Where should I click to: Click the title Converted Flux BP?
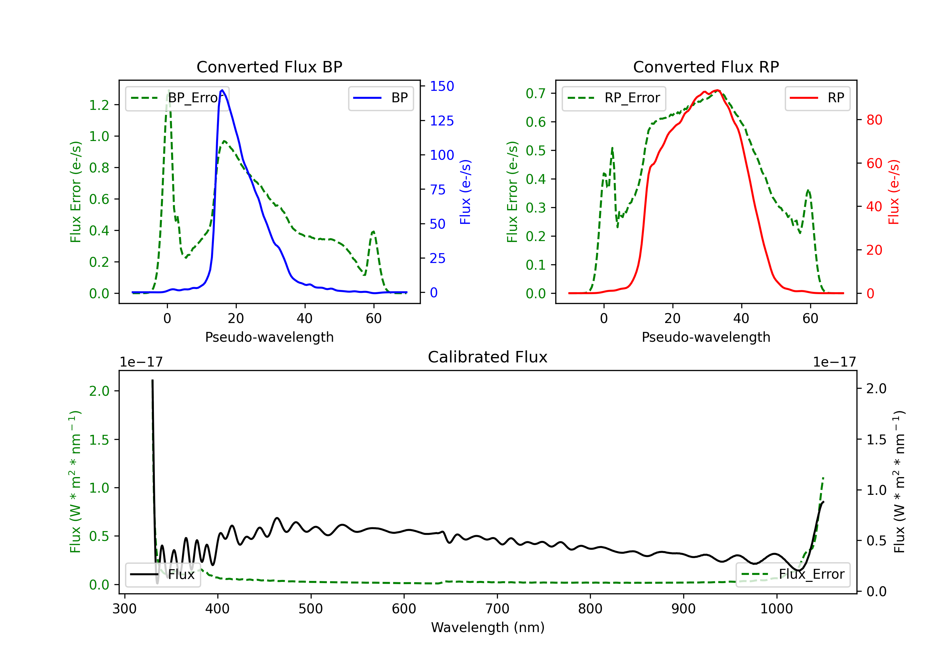pyautogui.click(x=269, y=67)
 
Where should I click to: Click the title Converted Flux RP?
pyautogui.click(x=706, y=67)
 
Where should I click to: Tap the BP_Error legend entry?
pyautogui.click(x=177, y=98)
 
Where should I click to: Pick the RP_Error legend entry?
pyautogui.click(x=614, y=98)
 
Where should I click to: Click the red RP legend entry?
pyautogui.click(x=817, y=98)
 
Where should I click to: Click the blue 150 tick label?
pyautogui.click(x=442, y=86)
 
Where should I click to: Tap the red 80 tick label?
pyautogui.click(x=874, y=120)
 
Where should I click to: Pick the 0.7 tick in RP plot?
pyautogui.click(x=535, y=93)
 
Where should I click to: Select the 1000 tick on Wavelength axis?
pyautogui.click(x=776, y=609)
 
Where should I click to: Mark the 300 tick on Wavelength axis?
pyautogui.click(x=124, y=609)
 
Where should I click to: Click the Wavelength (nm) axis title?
pyautogui.click(x=488, y=627)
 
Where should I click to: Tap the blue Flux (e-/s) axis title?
pyautogui.click(x=465, y=192)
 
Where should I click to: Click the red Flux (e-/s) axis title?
pyautogui.click(x=894, y=192)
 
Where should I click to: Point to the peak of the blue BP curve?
pyautogui.click(x=222, y=90)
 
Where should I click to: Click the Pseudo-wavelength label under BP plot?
pyautogui.click(x=269, y=337)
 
